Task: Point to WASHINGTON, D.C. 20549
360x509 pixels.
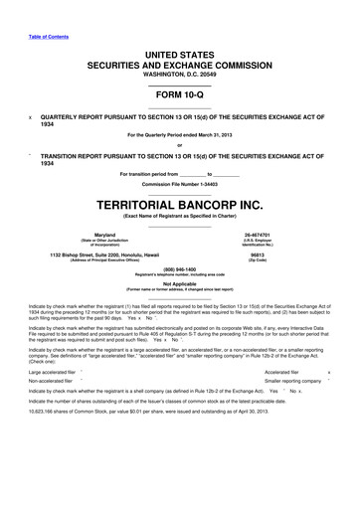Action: pos(179,75)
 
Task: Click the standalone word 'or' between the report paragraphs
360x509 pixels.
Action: pos(179,141)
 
